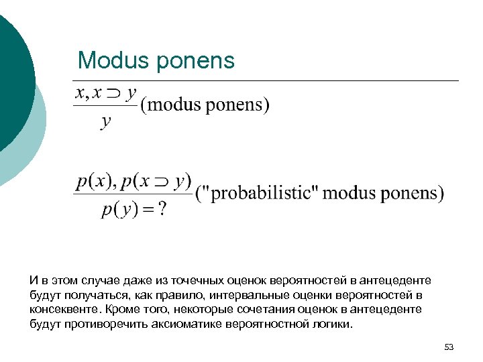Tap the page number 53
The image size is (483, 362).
point(449,347)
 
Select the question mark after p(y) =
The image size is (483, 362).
point(162,209)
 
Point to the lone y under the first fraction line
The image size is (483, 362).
point(106,121)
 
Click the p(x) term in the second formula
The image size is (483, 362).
point(93,181)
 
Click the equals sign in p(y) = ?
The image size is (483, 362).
point(147,209)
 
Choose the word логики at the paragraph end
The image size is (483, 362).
point(331,324)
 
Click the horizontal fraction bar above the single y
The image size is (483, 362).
point(105,107)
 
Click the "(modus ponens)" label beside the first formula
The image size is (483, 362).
point(205,105)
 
